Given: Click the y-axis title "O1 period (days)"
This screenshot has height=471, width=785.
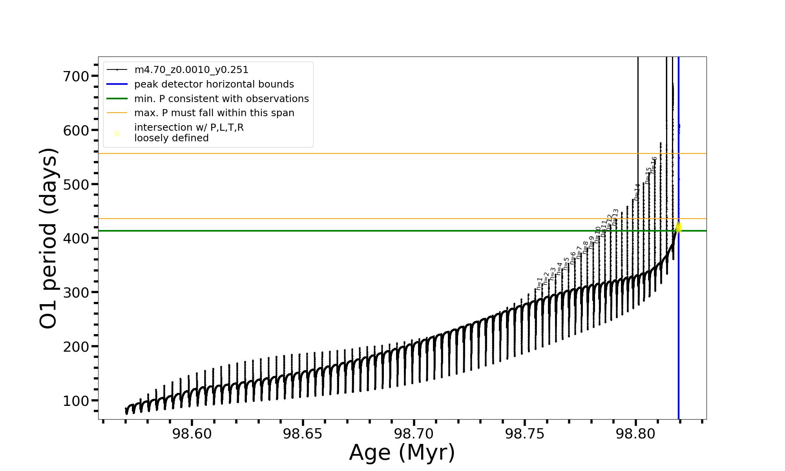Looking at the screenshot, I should [49, 238].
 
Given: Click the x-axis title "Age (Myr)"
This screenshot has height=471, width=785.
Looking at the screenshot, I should [402, 453].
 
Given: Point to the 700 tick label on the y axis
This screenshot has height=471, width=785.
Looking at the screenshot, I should [76, 76].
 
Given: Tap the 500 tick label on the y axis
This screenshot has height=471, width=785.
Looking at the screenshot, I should [76, 184].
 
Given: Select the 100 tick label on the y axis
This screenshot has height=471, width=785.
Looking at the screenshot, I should [76, 401].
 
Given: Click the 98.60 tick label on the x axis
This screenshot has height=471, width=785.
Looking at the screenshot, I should [192, 434].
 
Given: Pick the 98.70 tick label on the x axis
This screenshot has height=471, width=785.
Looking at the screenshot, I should [414, 434].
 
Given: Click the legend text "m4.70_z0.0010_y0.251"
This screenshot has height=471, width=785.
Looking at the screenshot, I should [191, 70].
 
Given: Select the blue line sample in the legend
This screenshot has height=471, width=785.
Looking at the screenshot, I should [117, 84].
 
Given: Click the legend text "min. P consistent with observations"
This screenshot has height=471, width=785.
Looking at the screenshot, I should [221, 99].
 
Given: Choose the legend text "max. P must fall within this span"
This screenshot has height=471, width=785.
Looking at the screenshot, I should [214, 113].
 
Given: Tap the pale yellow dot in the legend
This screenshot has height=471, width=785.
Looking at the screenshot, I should [117, 134].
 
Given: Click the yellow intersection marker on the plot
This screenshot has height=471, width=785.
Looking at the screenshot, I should [679, 228].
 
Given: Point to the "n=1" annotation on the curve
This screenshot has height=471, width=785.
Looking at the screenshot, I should [540, 284].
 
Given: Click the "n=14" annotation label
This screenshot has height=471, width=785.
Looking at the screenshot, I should [637, 192].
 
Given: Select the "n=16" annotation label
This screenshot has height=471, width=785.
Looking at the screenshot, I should [654, 165].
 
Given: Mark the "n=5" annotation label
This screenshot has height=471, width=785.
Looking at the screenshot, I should [566, 264].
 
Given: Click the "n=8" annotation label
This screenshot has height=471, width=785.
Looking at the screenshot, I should [586, 247].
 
